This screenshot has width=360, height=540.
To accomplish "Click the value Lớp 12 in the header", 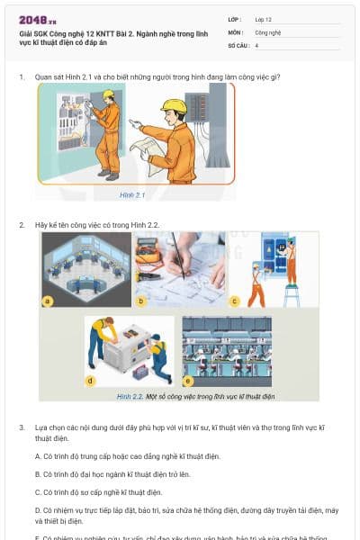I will (264, 19).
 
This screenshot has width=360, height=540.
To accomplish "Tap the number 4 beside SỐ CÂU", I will (256, 44).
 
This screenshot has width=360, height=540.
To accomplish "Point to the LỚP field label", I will (235, 19).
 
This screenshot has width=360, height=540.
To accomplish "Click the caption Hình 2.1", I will (132, 194).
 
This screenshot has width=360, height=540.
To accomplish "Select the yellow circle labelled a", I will (48, 301).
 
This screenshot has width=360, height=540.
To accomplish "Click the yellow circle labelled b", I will (140, 301).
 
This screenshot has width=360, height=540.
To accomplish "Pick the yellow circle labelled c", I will (235, 301).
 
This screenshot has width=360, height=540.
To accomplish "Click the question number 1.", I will (21, 77).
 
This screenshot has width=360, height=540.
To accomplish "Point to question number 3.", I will (21, 426).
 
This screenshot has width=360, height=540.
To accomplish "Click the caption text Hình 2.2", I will (130, 396).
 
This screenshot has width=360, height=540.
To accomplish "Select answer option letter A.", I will (38, 456).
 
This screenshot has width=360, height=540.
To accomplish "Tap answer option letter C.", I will (38, 492).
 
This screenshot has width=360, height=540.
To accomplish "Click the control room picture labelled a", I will (86, 268).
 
